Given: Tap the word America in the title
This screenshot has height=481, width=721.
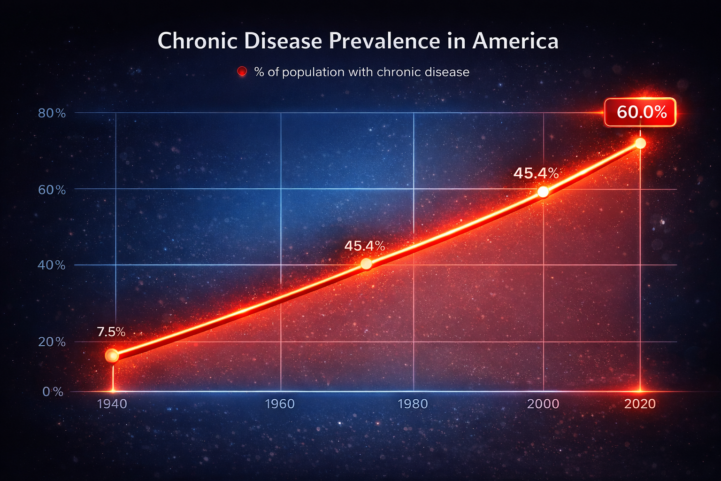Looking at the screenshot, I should point(515,41).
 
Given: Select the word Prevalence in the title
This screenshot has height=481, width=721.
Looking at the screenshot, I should point(381,41).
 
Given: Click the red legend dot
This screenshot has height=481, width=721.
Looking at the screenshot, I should point(242,72).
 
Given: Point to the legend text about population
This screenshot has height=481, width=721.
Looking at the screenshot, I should point(361,72).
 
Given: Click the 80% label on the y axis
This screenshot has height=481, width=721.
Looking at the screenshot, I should point(52,113).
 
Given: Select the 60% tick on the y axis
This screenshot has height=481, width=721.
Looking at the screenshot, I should point(52,190).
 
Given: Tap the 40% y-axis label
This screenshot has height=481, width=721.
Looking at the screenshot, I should point(52,265).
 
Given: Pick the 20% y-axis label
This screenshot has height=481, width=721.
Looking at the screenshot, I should point(52,342).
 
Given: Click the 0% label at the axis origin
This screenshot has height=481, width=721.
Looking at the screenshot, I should point(53,392).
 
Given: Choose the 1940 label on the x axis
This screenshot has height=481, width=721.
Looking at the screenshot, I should point(112,404).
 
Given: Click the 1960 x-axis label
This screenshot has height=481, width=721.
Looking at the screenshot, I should point(280,404).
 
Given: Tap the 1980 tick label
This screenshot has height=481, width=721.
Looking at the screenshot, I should point(413,404).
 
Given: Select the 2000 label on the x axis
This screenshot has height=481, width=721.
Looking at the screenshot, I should point(543,404).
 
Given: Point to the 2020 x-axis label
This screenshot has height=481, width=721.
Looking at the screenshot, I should point(640,404).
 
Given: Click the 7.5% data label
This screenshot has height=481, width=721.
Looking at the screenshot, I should point(111,332).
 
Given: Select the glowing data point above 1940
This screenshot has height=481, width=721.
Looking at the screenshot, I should point(112,356).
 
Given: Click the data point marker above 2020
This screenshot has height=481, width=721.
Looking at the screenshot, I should point(640,144).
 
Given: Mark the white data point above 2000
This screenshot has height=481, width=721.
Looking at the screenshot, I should point(543,192).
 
